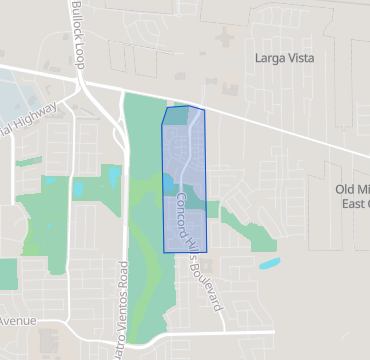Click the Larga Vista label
tap(285, 59)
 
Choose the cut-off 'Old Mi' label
tap(352, 189)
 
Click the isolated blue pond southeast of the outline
tap(270, 265)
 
